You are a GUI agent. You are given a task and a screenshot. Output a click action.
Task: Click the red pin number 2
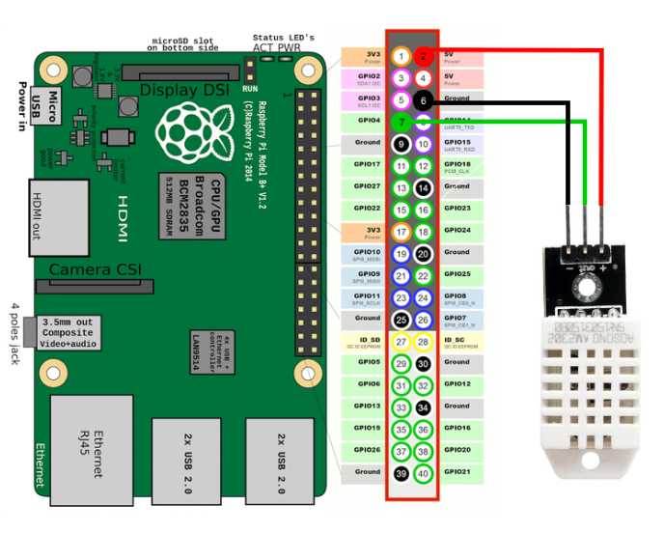pyautogui.click(x=423, y=56)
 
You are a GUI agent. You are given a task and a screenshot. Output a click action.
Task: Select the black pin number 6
pyautogui.click(x=423, y=100)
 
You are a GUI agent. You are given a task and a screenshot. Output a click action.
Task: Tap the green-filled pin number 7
pyautogui.click(x=401, y=122)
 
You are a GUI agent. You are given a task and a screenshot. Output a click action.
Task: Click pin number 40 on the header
pyautogui.click(x=423, y=473)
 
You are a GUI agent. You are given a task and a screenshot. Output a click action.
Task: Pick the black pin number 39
pyautogui.click(x=401, y=473)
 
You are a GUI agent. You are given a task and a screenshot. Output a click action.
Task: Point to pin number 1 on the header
pyautogui.click(x=401, y=56)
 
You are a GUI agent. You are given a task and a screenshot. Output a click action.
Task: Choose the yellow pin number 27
pyautogui.click(x=401, y=342)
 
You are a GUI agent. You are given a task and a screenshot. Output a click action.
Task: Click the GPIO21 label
pyautogui.click(x=458, y=471)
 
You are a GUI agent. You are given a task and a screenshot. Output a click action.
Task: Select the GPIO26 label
pyautogui.click(x=367, y=449)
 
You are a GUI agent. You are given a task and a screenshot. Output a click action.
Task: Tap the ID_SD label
pyautogui.click(x=368, y=340)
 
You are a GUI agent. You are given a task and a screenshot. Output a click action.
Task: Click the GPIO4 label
pyautogui.click(x=368, y=121)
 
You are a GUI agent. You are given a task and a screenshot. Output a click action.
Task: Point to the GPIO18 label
pyautogui.click(x=458, y=164)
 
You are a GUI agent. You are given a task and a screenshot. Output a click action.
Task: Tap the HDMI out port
pyautogui.click(x=60, y=216)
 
